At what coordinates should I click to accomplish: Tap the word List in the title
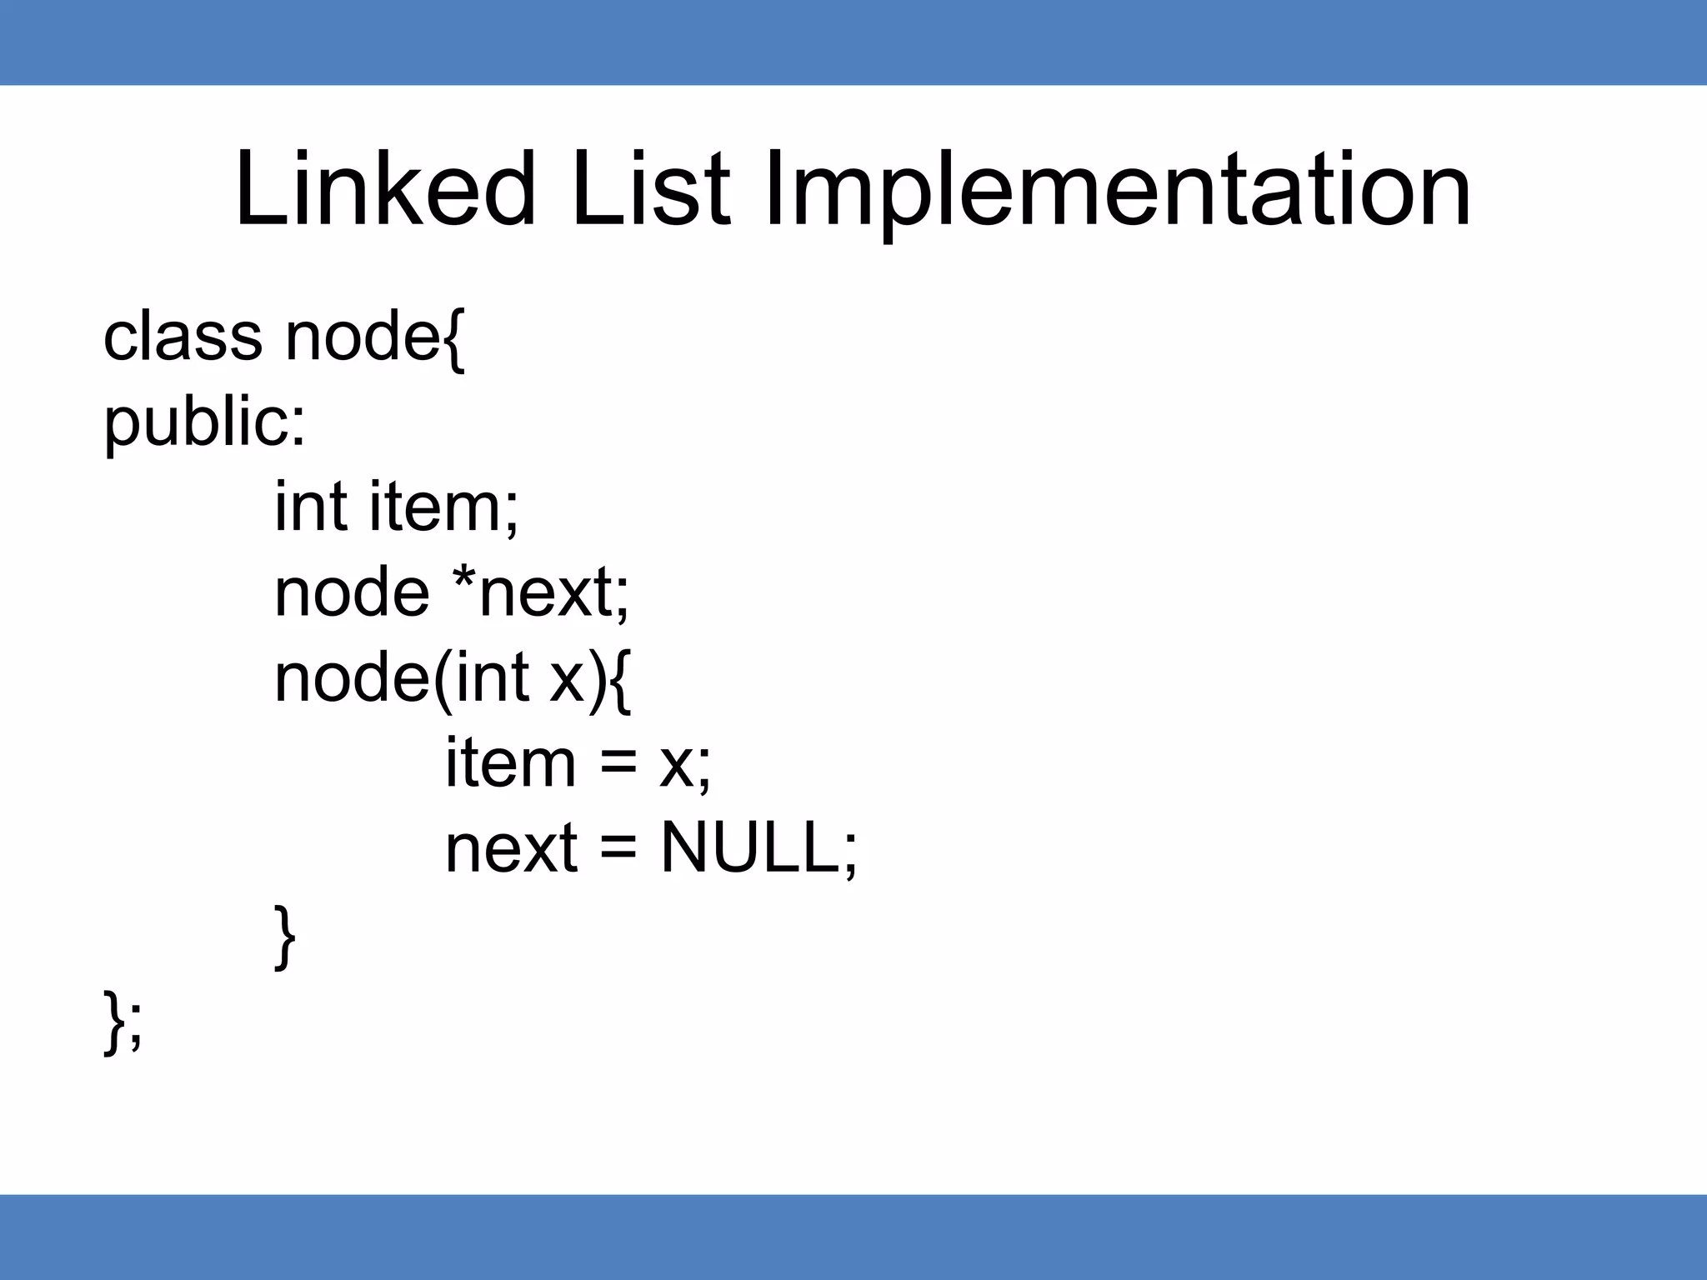(x=650, y=190)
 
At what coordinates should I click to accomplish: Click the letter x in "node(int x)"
(x=568, y=679)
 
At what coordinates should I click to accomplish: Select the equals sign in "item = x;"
(x=618, y=764)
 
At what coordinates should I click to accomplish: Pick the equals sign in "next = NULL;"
(x=618, y=850)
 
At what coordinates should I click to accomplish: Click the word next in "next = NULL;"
(x=511, y=849)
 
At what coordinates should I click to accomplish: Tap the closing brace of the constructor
(x=285, y=937)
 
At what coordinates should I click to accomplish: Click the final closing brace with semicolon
(x=123, y=1022)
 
